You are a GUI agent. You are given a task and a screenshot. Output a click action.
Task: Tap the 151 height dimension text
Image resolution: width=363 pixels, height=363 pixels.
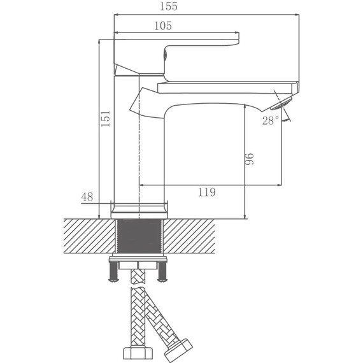point(106,118)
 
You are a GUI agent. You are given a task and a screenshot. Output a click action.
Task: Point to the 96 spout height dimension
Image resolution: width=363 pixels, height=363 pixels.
point(250,160)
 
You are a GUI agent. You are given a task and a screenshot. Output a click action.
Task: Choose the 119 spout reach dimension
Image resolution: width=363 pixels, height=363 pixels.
point(206,192)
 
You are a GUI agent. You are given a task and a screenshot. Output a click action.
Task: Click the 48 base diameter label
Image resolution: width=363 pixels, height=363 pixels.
point(87,197)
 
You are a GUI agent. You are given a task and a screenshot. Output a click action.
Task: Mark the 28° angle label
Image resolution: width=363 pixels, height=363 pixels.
point(270,120)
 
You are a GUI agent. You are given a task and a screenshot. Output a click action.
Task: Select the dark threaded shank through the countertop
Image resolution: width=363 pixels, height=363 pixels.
point(139,237)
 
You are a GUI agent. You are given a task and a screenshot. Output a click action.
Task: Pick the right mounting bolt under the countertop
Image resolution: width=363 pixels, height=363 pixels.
point(162,273)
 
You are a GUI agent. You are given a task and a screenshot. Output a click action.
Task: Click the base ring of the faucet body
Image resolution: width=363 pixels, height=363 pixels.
point(139,208)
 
